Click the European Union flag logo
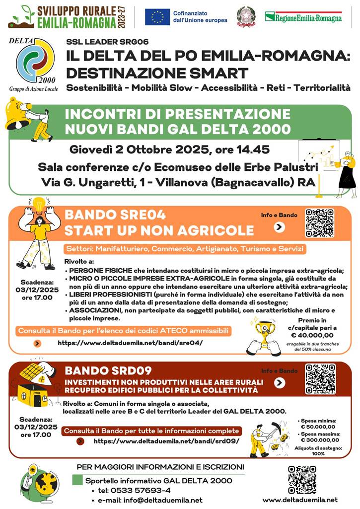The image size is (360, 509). pos(157,17)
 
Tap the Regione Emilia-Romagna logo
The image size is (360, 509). pos(303,17)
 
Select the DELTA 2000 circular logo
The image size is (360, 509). pos(36,60)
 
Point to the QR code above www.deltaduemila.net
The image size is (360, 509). pos(302,480)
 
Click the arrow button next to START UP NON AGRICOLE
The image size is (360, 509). pos(280,227)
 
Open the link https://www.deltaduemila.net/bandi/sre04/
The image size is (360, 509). pos(131,343)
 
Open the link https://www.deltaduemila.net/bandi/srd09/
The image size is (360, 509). pos(166,441)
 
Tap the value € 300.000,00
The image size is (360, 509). pos(318,440)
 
